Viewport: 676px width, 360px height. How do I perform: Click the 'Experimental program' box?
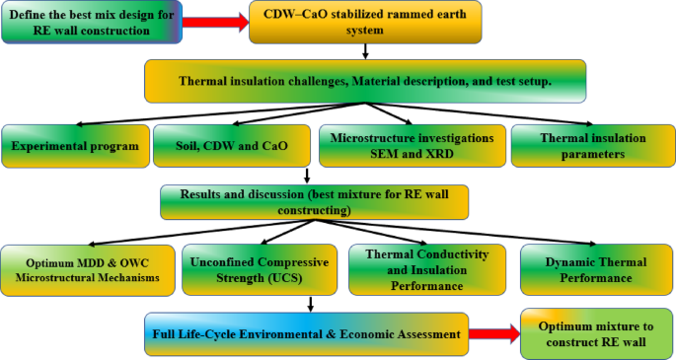point(75,146)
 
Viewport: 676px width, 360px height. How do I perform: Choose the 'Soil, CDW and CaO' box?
point(233,146)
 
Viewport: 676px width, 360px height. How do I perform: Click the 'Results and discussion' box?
point(313,202)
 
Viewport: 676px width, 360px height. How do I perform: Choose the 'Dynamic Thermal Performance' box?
point(595,267)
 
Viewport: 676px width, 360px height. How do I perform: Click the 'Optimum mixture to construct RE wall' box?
point(595,332)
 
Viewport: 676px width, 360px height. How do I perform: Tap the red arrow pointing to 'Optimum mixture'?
point(489,333)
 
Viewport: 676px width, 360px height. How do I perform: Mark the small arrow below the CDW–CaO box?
point(365,51)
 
